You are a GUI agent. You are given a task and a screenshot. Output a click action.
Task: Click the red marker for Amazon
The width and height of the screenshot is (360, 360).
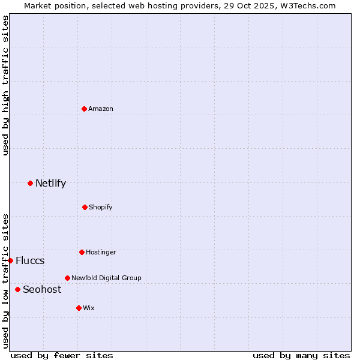tap(85, 109)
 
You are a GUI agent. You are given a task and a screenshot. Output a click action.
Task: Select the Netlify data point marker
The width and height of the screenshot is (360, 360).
tap(30, 183)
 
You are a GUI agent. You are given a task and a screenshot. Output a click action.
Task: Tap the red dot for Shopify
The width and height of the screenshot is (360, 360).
tap(85, 207)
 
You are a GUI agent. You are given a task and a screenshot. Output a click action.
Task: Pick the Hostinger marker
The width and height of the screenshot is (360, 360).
tap(82, 252)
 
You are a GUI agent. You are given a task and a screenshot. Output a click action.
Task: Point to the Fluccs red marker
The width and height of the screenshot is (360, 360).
tap(11, 260)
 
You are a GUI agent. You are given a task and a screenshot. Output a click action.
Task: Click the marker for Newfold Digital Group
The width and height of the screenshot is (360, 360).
tap(67, 278)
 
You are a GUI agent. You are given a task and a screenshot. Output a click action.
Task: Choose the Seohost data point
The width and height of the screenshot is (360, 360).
tap(17, 289)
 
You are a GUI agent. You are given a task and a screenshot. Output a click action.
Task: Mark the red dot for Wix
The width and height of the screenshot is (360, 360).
tap(79, 308)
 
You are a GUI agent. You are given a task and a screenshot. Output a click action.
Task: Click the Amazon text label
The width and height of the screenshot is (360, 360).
tap(101, 109)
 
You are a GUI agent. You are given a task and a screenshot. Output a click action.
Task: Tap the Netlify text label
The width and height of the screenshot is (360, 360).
tap(50, 183)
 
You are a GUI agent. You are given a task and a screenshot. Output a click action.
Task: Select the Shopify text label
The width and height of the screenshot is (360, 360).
tap(101, 207)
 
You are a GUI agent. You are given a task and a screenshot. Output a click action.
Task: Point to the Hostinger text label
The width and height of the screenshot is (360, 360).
tap(101, 252)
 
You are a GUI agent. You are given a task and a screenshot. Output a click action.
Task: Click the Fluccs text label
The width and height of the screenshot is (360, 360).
tap(30, 260)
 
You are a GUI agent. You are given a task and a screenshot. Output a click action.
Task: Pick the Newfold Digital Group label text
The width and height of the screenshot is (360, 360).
tap(106, 278)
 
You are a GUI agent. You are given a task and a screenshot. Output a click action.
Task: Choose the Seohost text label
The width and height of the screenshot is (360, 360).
tap(42, 289)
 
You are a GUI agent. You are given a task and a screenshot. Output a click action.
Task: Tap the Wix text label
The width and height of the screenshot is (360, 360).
tap(89, 308)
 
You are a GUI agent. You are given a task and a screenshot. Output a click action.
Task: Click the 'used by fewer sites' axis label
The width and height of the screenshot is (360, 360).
tap(62, 355)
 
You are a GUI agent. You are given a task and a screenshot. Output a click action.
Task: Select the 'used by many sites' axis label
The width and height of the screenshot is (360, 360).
tap(301, 355)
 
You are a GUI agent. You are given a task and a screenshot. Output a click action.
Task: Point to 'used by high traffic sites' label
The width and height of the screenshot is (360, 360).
tap(5, 85)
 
